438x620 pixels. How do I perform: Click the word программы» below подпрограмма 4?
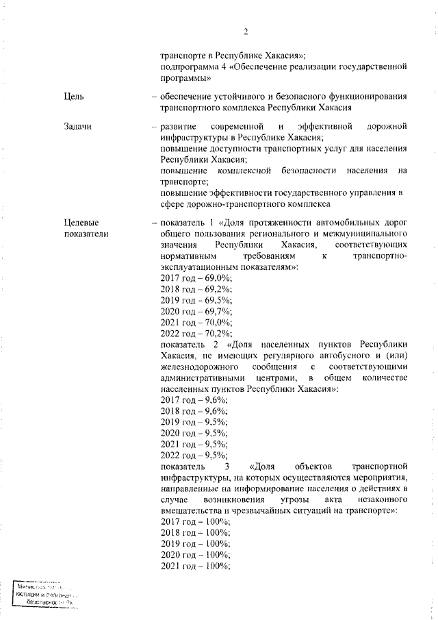pyautogui.click(x=186, y=78)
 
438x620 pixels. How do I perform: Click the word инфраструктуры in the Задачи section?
pyautogui.click(x=194, y=138)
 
